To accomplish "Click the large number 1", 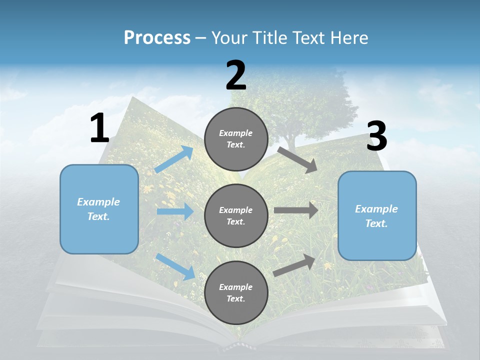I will [x=99, y=128].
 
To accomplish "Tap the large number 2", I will [x=236, y=76].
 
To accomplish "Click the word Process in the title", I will [x=157, y=37].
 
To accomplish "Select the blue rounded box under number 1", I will [x=99, y=209].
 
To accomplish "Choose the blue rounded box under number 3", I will [x=377, y=216].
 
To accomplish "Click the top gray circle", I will [x=236, y=139].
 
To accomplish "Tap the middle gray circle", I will [x=236, y=215].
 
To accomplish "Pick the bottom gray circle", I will [x=236, y=292].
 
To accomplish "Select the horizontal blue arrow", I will [x=175, y=211].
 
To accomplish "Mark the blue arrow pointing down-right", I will [x=175, y=266].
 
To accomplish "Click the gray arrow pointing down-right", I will [x=297, y=159].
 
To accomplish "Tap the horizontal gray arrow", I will [x=296, y=210].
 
